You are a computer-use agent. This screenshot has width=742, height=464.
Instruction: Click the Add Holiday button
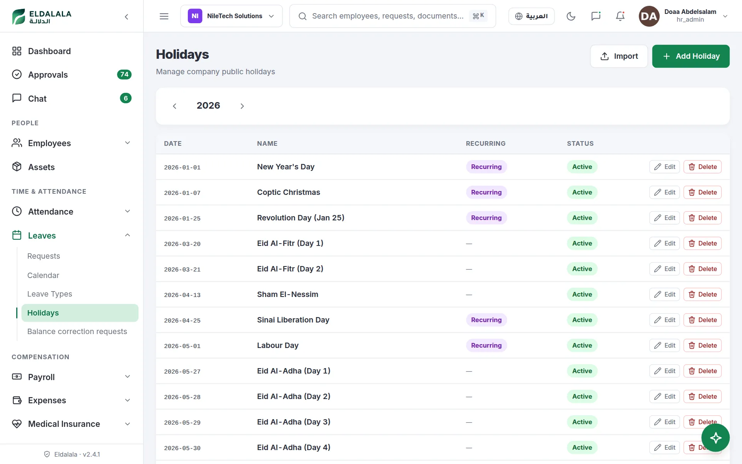tap(691, 56)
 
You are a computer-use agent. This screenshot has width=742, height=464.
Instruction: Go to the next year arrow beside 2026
tap(242, 106)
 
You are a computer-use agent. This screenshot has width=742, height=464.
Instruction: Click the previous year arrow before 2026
tap(174, 106)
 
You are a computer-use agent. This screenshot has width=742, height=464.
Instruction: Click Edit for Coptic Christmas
tap(664, 192)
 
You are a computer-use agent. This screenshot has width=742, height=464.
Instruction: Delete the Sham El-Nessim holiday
tap(702, 294)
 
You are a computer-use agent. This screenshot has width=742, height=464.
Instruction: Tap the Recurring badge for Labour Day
tap(486, 345)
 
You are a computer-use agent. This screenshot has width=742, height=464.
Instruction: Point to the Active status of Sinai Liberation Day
tap(582, 320)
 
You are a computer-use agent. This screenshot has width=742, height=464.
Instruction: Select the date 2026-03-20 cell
tap(182, 244)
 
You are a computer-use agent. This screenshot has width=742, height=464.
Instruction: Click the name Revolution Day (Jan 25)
tap(301, 218)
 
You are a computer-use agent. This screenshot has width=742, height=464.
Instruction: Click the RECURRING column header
tap(485, 143)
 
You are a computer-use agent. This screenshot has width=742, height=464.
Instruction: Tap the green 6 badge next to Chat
tap(126, 98)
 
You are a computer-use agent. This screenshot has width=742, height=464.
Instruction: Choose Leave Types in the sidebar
tap(49, 294)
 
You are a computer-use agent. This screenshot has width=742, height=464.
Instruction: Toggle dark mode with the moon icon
tap(571, 16)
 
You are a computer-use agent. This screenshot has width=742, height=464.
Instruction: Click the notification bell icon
tap(620, 16)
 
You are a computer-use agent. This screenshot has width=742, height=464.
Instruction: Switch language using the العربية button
tap(531, 16)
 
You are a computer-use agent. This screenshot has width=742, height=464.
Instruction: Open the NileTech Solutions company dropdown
tap(231, 16)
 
